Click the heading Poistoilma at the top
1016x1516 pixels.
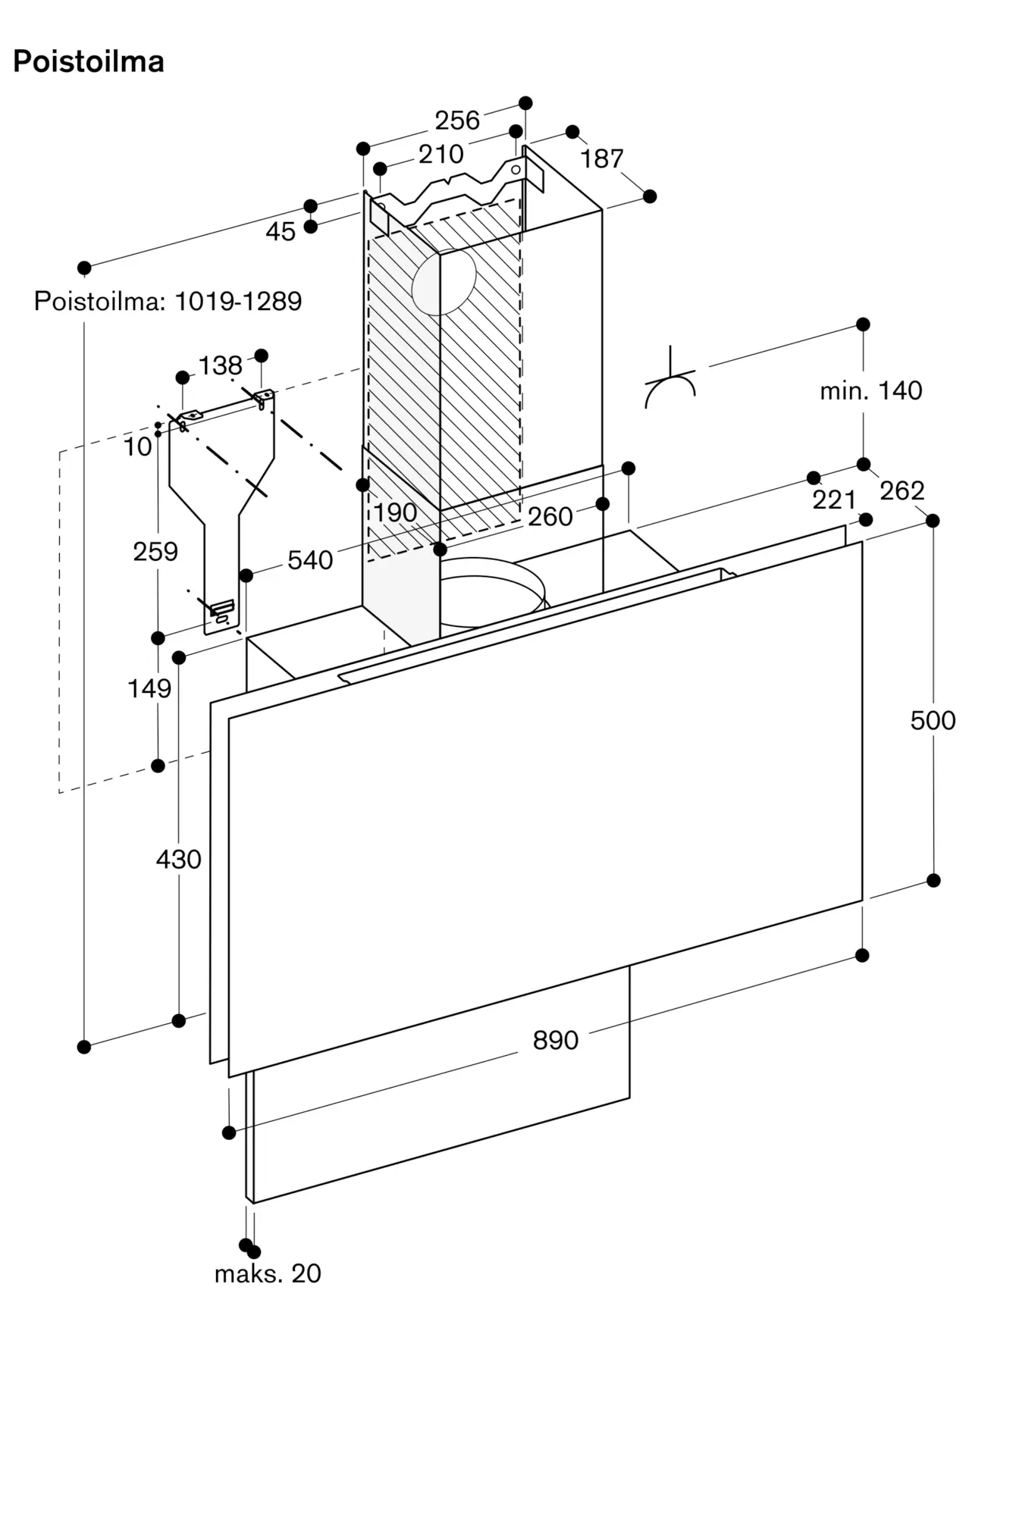[89, 61]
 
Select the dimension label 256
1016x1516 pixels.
[457, 120]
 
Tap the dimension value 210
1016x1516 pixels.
[441, 154]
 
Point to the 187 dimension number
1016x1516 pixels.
[602, 158]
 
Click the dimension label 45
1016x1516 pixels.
[280, 231]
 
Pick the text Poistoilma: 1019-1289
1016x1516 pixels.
[168, 301]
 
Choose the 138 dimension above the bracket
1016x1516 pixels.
[220, 365]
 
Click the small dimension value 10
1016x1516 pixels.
[138, 447]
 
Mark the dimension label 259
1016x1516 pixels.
[155, 551]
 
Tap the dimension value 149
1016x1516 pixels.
[149, 688]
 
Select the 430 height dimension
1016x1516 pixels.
[178, 859]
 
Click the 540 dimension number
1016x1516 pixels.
[310, 560]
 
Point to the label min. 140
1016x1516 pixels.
[871, 390]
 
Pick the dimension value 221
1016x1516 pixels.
[834, 500]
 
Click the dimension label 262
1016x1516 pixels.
[902, 490]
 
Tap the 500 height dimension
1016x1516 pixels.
[933, 720]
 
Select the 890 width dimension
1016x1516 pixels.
[555, 1040]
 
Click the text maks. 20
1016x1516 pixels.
[268, 1273]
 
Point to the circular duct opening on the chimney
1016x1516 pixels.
[444, 282]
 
